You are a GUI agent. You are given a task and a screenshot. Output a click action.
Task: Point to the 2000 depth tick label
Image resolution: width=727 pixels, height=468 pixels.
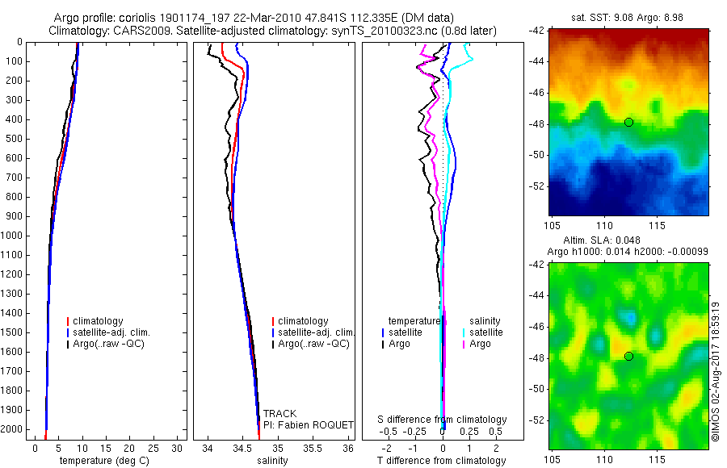point(14,429)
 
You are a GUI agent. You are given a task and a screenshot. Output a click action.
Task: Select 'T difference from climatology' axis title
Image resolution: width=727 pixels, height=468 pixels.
point(442,461)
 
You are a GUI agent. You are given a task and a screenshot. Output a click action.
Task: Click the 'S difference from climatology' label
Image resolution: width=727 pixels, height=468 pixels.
point(443,420)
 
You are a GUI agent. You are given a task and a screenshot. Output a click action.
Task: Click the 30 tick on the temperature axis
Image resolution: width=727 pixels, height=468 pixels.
point(179,448)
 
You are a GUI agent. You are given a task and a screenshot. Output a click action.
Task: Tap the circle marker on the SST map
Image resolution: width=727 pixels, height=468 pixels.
point(628,122)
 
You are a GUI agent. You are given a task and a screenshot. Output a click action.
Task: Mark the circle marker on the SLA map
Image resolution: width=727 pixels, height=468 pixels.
point(628,356)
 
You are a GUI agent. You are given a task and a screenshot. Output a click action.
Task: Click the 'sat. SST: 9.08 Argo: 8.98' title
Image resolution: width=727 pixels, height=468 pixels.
point(628,16)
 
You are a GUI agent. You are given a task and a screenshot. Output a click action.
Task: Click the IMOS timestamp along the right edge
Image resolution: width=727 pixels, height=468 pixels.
point(716,371)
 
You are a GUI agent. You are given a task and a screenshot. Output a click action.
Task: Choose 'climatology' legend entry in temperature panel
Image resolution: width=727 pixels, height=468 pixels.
point(100,321)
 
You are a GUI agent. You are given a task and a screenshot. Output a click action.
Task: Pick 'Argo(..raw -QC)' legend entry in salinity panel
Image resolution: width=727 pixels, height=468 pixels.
point(313,344)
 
